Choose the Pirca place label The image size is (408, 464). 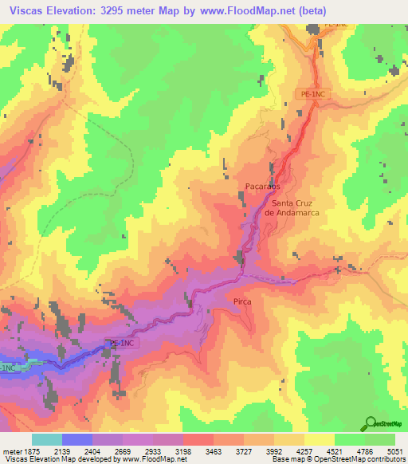pyautogui.click(x=243, y=301)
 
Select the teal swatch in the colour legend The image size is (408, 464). pyautogui.click(x=47, y=440)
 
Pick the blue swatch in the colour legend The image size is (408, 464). pyautogui.click(x=77, y=440)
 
